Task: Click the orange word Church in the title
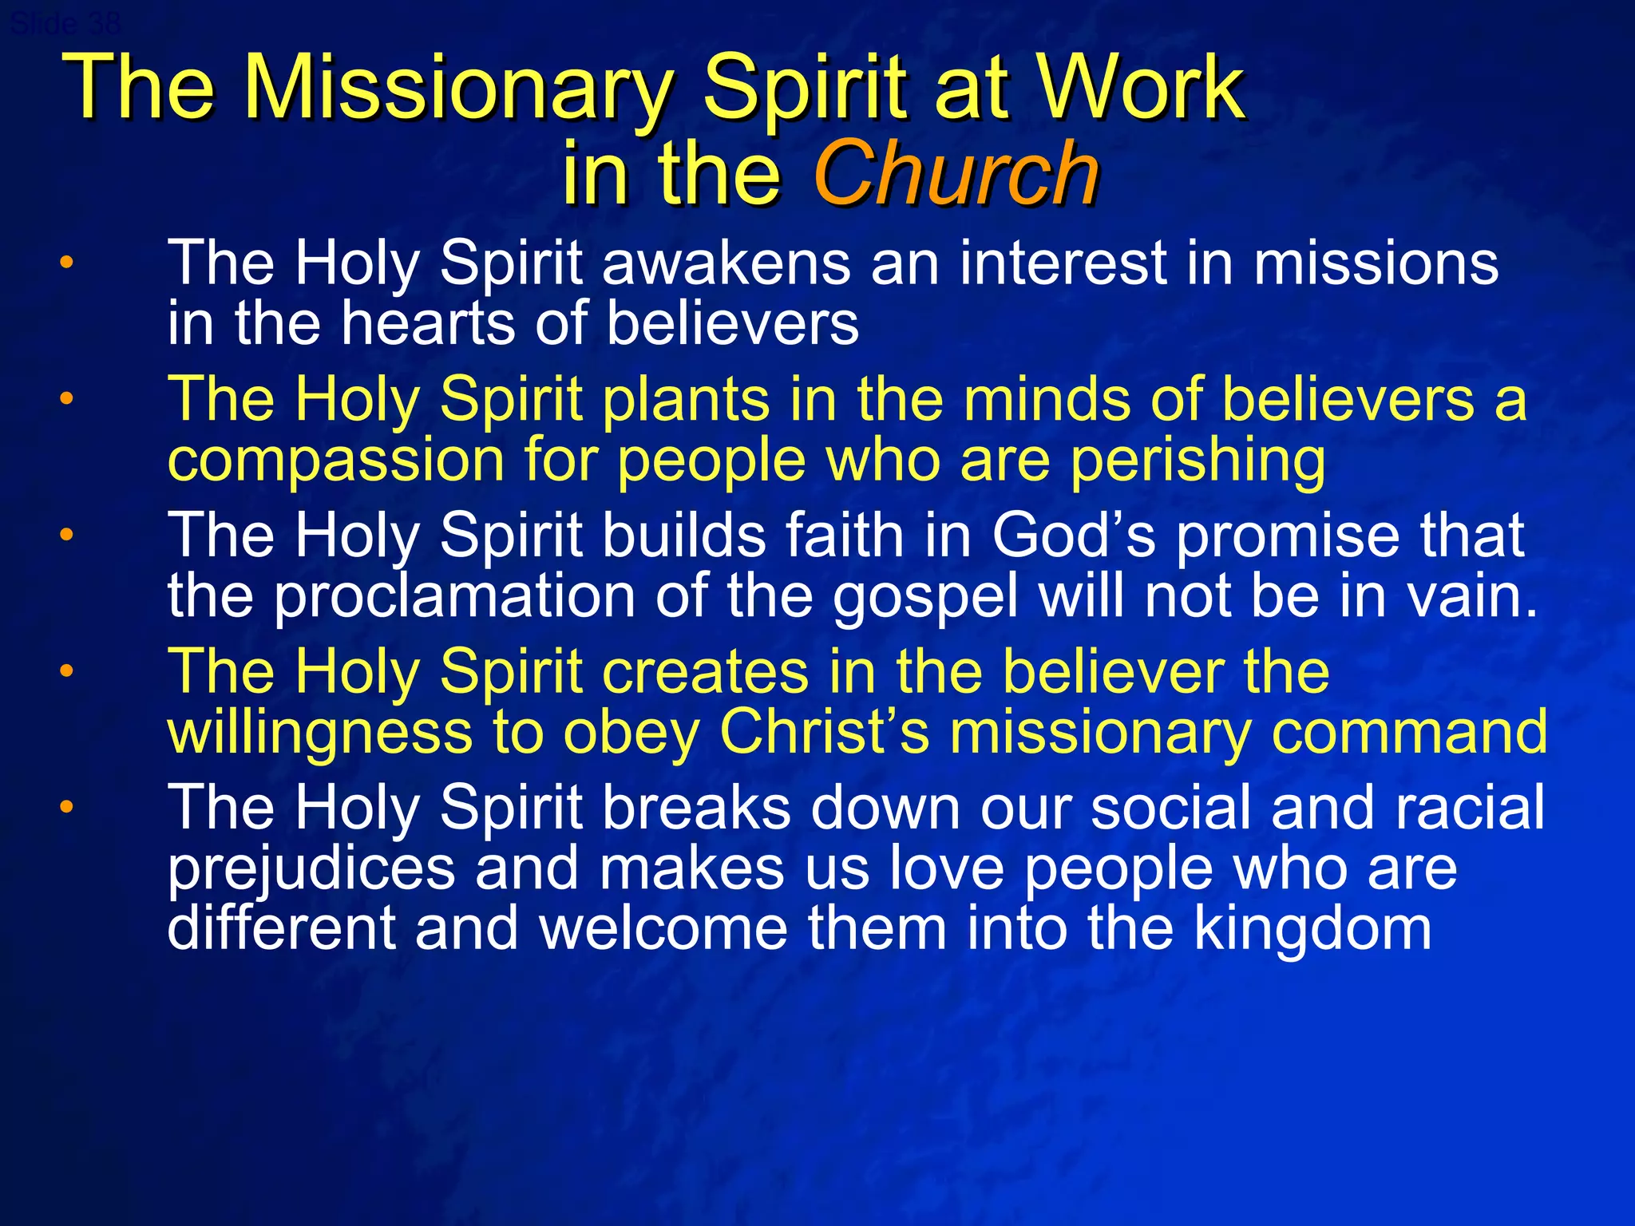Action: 956,173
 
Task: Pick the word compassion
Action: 336,461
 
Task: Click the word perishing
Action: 1198,461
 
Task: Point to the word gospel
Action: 926,598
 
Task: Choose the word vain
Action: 1471,596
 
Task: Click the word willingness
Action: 319,733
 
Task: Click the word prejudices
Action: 311,869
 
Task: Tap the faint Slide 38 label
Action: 65,24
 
